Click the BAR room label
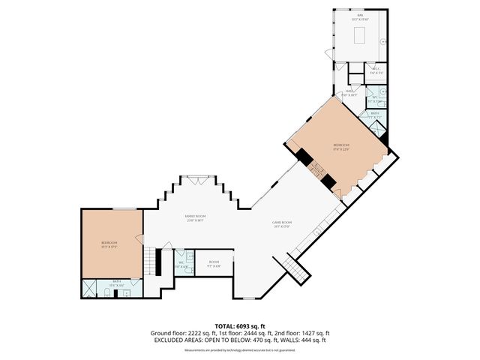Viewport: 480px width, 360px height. (x=361, y=15)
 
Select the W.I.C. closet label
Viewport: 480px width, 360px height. (x=376, y=71)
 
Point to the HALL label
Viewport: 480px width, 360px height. (x=349, y=93)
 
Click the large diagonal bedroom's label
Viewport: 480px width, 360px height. (x=342, y=146)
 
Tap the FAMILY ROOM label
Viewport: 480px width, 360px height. (x=195, y=218)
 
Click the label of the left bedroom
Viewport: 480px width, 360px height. (x=109, y=244)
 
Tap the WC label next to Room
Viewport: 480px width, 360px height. (x=181, y=264)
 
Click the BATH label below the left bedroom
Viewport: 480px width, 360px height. (x=117, y=284)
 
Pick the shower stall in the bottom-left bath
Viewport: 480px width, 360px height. (x=90, y=288)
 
